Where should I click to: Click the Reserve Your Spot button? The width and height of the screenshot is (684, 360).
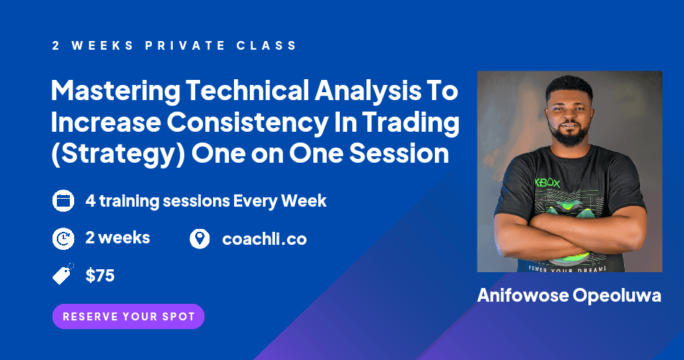click(128, 316)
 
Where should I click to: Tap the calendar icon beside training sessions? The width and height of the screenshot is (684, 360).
click(63, 201)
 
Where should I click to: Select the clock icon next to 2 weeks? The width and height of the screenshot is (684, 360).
click(63, 238)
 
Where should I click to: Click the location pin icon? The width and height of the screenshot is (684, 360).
click(199, 238)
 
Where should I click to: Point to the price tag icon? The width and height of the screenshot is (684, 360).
click(63, 275)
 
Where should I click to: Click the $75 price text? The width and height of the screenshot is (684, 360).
click(100, 275)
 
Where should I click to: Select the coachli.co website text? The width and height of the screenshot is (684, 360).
click(264, 239)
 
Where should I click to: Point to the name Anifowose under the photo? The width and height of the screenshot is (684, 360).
click(524, 296)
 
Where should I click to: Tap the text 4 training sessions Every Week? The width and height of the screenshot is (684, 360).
click(206, 201)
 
